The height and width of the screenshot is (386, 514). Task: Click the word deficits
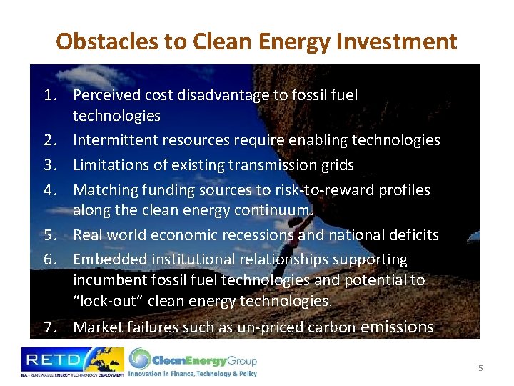[415, 235]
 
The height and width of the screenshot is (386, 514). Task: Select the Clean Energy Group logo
[193, 362]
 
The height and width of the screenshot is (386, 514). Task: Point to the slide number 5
[480, 368]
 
